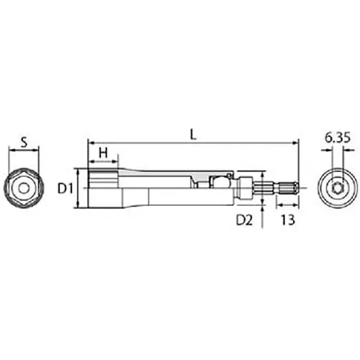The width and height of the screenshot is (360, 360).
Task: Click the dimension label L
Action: pos(193,135)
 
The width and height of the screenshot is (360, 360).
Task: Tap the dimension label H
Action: pos(103,153)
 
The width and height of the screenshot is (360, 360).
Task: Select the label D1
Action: pos(65,189)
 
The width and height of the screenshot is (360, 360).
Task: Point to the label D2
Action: pos(244,220)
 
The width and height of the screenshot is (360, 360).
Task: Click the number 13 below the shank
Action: pos(288,220)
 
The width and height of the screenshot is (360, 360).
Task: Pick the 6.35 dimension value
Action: pos(338,138)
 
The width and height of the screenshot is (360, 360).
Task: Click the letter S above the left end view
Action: pos(24,143)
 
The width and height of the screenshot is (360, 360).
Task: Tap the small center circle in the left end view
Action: pos(23,188)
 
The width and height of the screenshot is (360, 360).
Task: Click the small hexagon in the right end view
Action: pos(337,188)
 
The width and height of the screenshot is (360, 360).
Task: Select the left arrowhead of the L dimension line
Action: pos(91,143)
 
